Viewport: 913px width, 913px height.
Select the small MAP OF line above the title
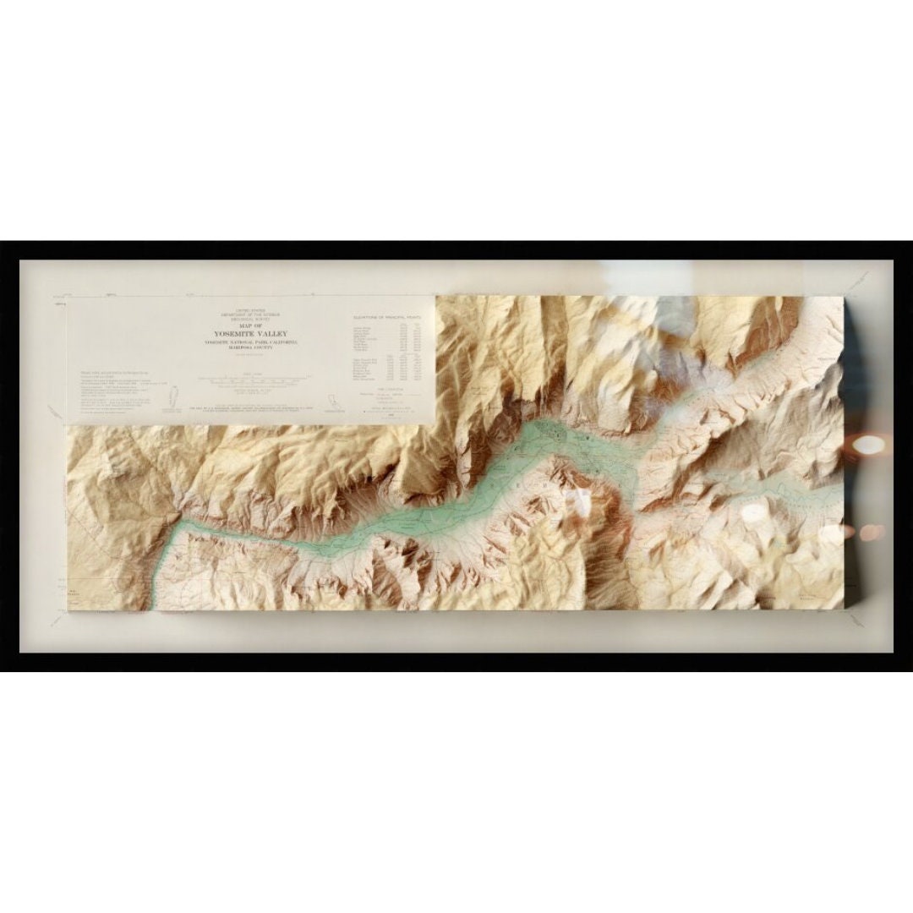click(251, 325)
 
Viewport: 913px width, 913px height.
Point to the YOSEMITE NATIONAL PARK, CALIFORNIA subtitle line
click(251, 342)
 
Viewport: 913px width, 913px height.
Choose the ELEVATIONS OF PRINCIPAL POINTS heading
click(390, 318)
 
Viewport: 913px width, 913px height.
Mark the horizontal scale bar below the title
click(251, 383)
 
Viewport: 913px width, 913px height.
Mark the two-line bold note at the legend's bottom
click(279, 409)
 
